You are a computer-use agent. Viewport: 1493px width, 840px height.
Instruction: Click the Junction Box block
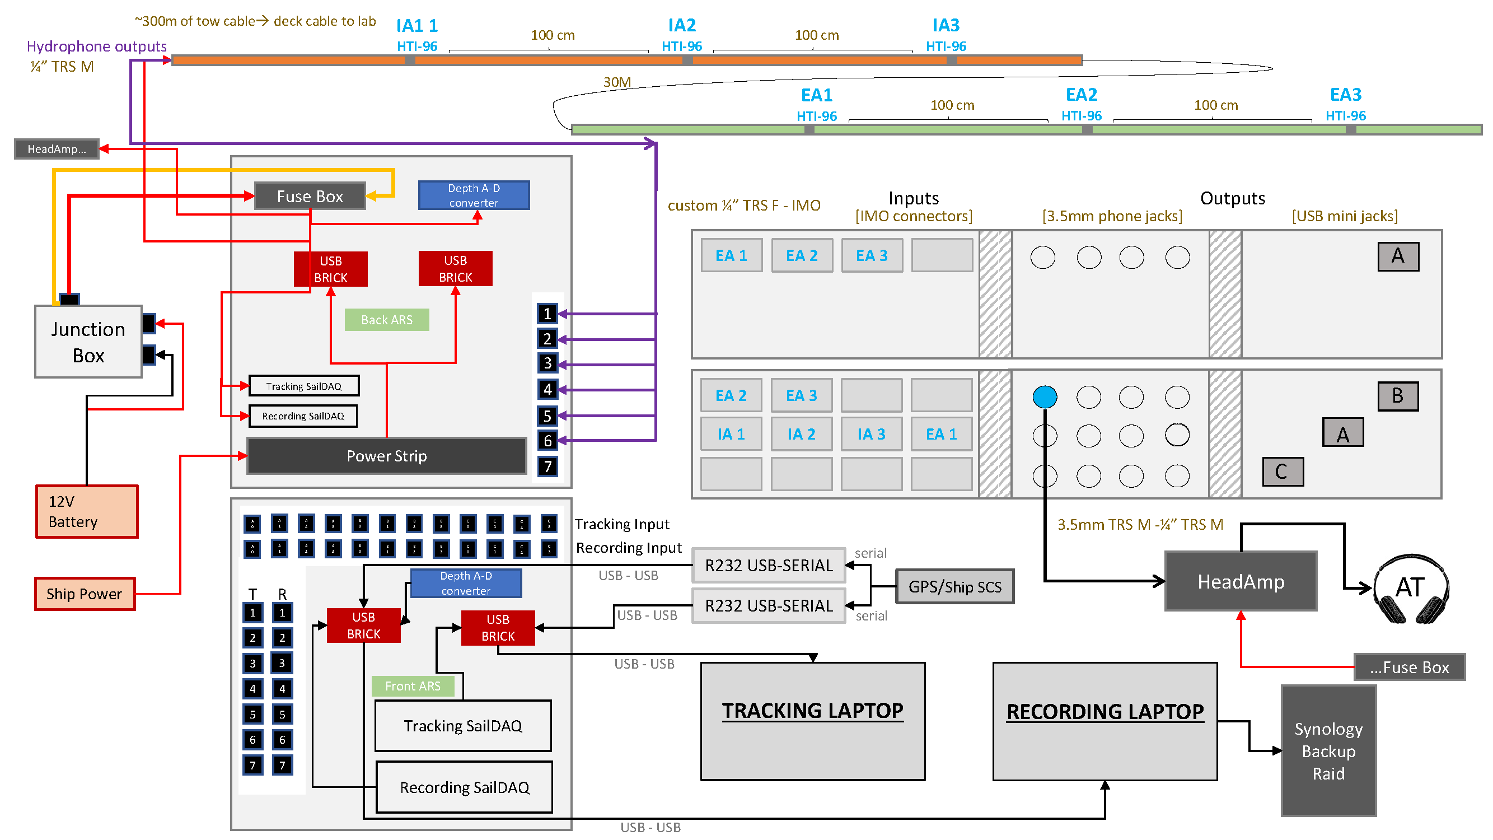tap(88, 342)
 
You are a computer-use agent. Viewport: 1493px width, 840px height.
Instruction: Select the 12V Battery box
tap(87, 512)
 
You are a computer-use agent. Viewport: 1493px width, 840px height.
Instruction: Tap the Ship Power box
tap(85, 594)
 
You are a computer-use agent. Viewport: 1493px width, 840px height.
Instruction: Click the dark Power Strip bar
tap(387, 456)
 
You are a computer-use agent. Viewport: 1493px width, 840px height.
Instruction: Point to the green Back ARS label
tap(387, 320)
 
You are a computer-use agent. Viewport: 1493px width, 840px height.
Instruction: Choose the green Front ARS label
tap(413, 687)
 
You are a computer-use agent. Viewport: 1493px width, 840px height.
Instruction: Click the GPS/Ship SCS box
tap(954, 587)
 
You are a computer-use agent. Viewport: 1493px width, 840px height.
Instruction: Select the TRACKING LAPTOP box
tap(813, 722)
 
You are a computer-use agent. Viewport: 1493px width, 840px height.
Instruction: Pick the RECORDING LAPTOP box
tap(1104, 722)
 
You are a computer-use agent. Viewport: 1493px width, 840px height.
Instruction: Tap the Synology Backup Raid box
tap(1328, 752)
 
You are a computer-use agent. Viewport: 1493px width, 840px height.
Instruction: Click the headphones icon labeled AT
tap(1411, 589)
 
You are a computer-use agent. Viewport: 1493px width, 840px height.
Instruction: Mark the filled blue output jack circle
tap(1045, 397)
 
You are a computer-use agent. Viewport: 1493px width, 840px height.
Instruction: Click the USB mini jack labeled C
tap(1283, 472)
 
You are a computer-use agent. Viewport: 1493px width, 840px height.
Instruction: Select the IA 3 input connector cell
tap(871, 434)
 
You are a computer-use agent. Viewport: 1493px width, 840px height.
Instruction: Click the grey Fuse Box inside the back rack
tap(310, 197)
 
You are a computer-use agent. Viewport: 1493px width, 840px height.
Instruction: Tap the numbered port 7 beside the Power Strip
tap(547, 466)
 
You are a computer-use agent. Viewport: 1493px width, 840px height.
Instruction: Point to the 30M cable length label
tap(617, 82)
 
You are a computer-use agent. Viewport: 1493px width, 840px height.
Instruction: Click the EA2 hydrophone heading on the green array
tap(1081, 95)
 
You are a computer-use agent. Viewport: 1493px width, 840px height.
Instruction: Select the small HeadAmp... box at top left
tap(57, 149)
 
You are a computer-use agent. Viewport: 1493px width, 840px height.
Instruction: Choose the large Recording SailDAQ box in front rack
tap(464, 787)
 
